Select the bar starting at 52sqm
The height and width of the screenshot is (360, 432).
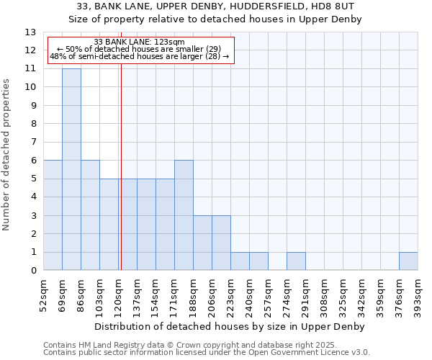53,215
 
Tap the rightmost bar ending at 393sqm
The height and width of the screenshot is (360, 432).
408,261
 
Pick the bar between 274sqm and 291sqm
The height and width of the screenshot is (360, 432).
296,261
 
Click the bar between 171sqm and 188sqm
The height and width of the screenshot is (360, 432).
184,215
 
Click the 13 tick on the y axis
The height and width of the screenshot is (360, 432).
31,32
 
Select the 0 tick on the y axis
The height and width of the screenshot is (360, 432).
34,271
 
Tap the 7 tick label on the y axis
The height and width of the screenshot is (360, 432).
34,143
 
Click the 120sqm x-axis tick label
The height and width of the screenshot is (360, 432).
119,294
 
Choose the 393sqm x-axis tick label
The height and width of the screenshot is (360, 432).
418,294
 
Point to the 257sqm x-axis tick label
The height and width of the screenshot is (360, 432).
269,294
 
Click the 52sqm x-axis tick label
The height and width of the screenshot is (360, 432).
44,294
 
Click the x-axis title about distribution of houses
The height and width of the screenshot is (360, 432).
230,326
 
